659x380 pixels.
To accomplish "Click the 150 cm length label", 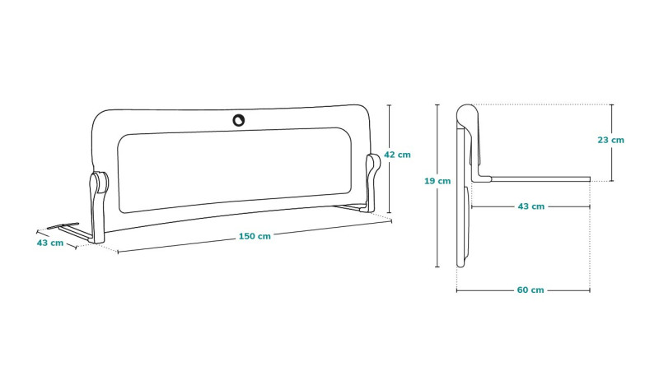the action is click(255, 236).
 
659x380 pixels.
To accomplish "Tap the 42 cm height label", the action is click(397, 155).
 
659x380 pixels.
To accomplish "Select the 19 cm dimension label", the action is click(437, 181).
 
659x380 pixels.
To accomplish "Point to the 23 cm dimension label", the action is click(610, 140).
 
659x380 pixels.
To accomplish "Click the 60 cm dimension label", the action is click(530, 290).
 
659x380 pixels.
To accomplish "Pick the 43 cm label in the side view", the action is click(530, 206).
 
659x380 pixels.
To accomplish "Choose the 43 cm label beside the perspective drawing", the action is click(50, 243).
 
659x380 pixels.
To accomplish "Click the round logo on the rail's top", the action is click(239, 120).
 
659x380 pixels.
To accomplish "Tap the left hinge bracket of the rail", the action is click(98, 206).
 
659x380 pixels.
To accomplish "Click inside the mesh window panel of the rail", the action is click(234, 169).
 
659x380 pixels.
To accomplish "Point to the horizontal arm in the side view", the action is click(540, 179).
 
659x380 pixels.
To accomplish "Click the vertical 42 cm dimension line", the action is click(389, 159).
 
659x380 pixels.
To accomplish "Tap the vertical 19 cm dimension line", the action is click(437, 185).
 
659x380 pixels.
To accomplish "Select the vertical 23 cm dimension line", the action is click(611, 142).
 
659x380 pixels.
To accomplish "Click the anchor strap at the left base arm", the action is click(63, 226).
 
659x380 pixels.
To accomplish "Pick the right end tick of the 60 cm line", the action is click(590, 290).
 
